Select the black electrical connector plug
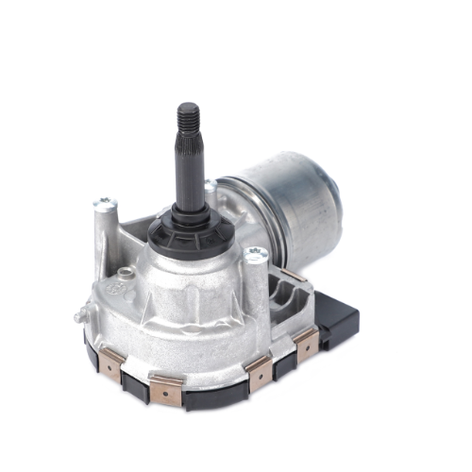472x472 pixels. click(x=338, y=318)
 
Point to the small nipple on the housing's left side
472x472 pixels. click(x=78, y=318)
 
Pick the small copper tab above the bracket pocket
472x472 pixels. click(x=295, y=273)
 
